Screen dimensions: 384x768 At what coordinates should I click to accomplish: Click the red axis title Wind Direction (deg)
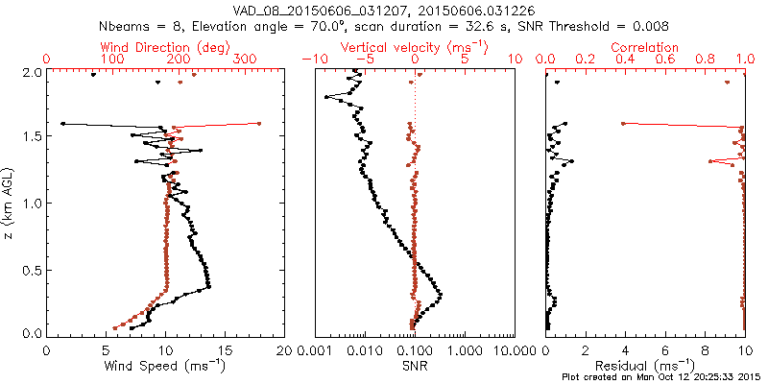pyautogui.click(x=165, y=46)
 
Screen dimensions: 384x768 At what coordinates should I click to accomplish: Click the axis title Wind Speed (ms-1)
pyautogui.click(x=165, y=366)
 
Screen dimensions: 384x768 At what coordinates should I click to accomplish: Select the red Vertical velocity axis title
pyautogui.click(x=414, y=46)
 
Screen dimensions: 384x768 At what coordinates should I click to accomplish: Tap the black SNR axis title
pyautogui.click(x=414, y=366)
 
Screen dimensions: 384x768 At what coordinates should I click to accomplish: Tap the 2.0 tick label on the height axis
pyautogui.click(x=32, y=72)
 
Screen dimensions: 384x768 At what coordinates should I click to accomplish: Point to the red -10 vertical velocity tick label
pyautogui.click(x=314, y=60)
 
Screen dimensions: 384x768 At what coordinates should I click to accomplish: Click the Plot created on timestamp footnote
pyautogui.click(x=661, y=377)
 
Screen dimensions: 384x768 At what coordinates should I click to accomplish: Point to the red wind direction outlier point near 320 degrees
pyautogui.click(x=259, y=123)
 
